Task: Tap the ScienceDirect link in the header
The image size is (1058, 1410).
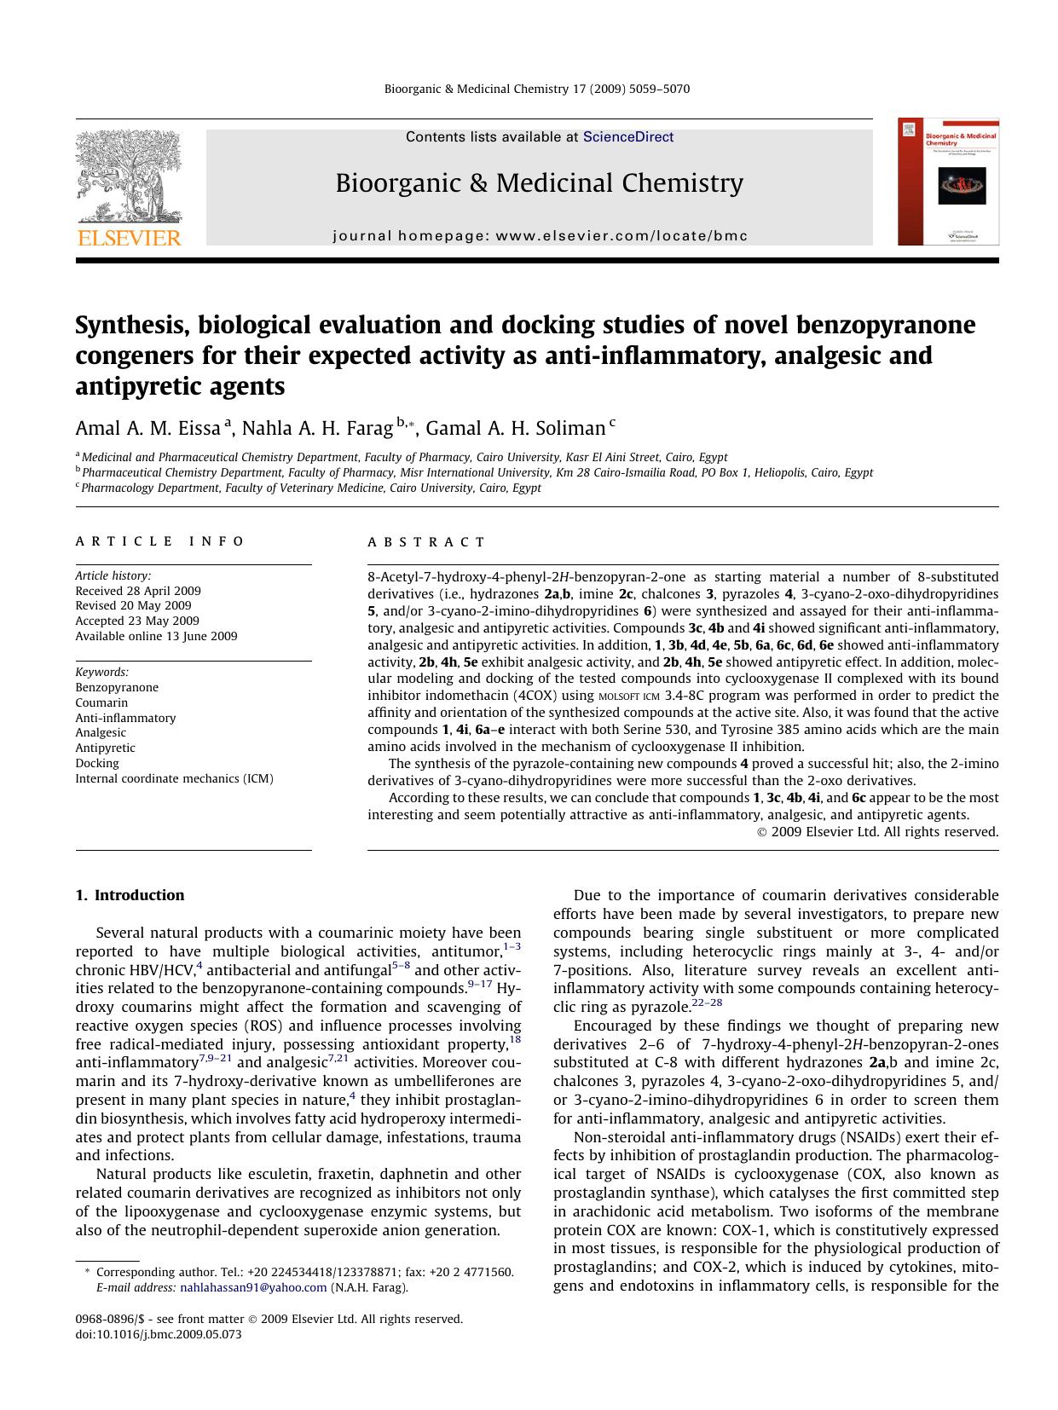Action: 627,137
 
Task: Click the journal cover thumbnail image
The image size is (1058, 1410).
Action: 948,182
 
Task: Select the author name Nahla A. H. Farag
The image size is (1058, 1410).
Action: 317,428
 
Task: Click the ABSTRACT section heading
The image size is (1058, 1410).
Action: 426,542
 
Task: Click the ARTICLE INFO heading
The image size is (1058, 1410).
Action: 159,541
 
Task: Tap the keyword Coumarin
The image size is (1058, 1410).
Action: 101,702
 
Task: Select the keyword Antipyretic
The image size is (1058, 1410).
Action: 105,748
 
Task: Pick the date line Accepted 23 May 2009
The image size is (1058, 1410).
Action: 137,621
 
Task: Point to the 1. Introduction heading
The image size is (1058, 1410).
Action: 130,895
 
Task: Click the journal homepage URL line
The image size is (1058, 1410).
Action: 540,236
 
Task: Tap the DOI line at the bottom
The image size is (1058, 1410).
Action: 159,1334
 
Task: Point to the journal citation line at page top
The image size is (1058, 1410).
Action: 537,89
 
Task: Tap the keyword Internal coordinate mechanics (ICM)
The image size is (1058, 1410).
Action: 174,778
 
